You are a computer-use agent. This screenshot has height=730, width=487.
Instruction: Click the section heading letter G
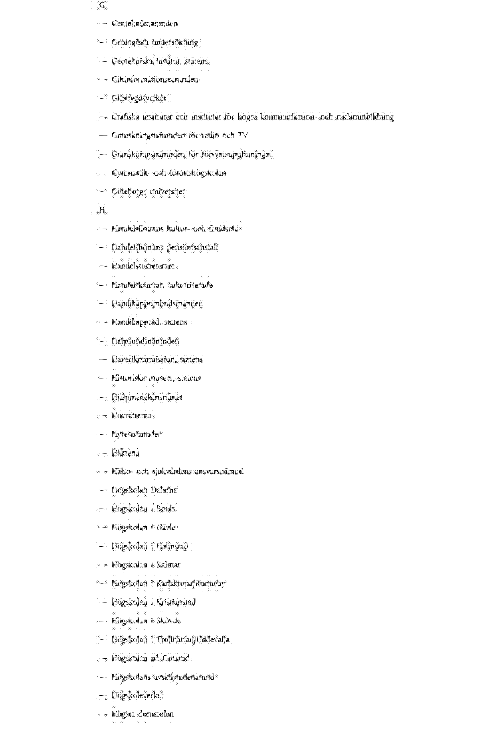(x=102, y=5)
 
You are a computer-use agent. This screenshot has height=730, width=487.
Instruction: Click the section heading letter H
(x=102, y=211)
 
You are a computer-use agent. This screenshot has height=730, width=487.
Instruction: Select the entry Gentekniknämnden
(x=144, y=23)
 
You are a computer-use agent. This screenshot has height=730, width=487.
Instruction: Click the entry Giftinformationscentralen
(x=155, y=80)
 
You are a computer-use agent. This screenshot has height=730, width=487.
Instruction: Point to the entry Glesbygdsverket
(x=138, y=98)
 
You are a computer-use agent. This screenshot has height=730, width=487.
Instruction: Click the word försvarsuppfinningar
(x=237, y=154)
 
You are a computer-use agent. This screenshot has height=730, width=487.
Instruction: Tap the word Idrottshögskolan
(x=198, y=173)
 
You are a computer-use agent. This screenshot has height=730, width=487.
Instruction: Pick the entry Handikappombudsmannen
(x=157, y=303)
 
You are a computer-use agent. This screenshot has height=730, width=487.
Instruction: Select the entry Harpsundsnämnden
(x=145, y=341)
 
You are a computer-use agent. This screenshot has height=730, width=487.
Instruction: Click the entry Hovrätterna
(x=131, y=416)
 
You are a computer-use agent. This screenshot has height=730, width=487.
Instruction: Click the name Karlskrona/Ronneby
(x=191, y=584)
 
